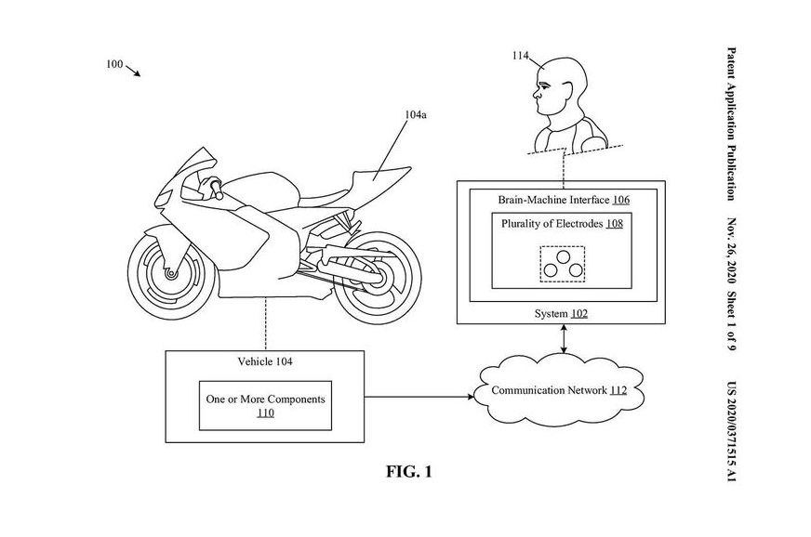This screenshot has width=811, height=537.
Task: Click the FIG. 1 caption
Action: (x=409, y=472)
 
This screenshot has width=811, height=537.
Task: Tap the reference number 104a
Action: (x=416, y=116)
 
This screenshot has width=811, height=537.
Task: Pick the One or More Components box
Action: (x=265, y=405)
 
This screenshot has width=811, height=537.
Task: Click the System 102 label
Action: (x=561, y=314)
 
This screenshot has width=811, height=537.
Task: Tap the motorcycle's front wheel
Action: (x=173, y=274)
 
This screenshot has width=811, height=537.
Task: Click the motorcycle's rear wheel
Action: (x=373, y=276)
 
